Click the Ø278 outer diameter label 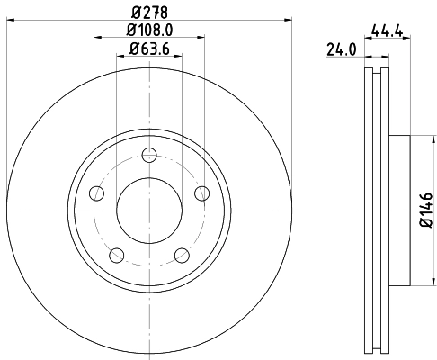pyautogui.click(x=148, y=11)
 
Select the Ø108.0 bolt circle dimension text pyautogui.click(x=148, y=31)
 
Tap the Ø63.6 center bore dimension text pyautogui.click(x=148, y=49)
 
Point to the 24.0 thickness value pyautogui.click(x=337, y=50)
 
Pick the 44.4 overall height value pyautogui.click(x=386, y=31)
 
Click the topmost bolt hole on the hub pyautogui.click(x=148, y=153)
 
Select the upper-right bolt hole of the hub pyautogui.click(x=201, y=192)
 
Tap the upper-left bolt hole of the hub pyautogui.click(x=95, y=192)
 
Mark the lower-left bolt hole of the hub pyautogui.click(x=115, y=254)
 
